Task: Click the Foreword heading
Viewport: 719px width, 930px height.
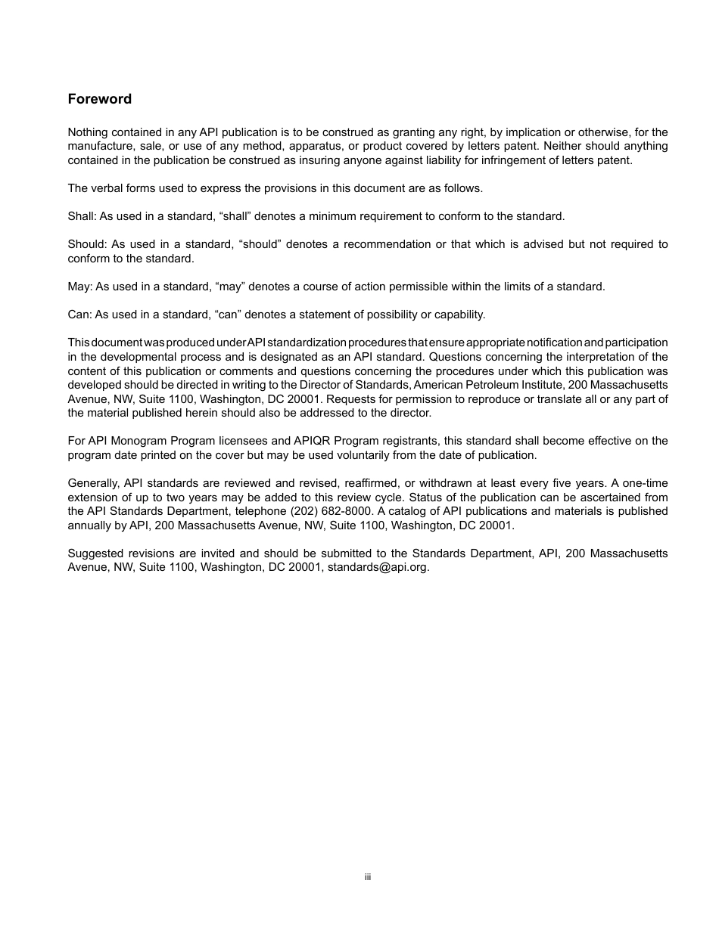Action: pos(99,99)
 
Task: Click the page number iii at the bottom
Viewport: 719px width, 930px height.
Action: pos(367,877)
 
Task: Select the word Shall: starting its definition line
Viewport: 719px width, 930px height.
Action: pos(81,216)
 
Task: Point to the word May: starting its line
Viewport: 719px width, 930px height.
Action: pos(79,287)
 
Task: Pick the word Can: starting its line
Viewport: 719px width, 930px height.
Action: pos(79,315)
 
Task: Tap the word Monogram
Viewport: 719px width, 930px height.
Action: pos(135,441)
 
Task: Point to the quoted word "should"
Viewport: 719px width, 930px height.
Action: pos(259,244)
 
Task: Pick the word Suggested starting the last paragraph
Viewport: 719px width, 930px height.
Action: pos(93,553)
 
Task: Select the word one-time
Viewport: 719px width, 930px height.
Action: pos(645,483)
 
